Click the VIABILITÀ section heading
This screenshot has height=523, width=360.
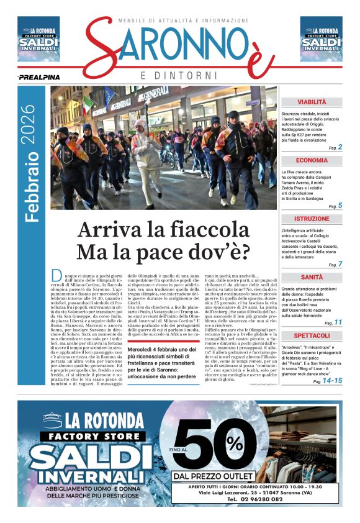pos(311,102)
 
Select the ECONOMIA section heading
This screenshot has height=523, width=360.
pos(311,160)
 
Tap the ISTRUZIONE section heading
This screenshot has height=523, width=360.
pos(311,219)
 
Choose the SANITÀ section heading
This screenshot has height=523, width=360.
pos(311,277)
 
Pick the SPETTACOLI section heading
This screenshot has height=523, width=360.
pos(311,335)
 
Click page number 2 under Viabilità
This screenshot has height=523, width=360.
pos(340,147)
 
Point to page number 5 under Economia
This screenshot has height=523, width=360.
pos(340,206)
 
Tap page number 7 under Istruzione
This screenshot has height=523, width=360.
pos(340,264)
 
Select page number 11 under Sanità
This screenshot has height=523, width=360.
pos(338,322)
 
